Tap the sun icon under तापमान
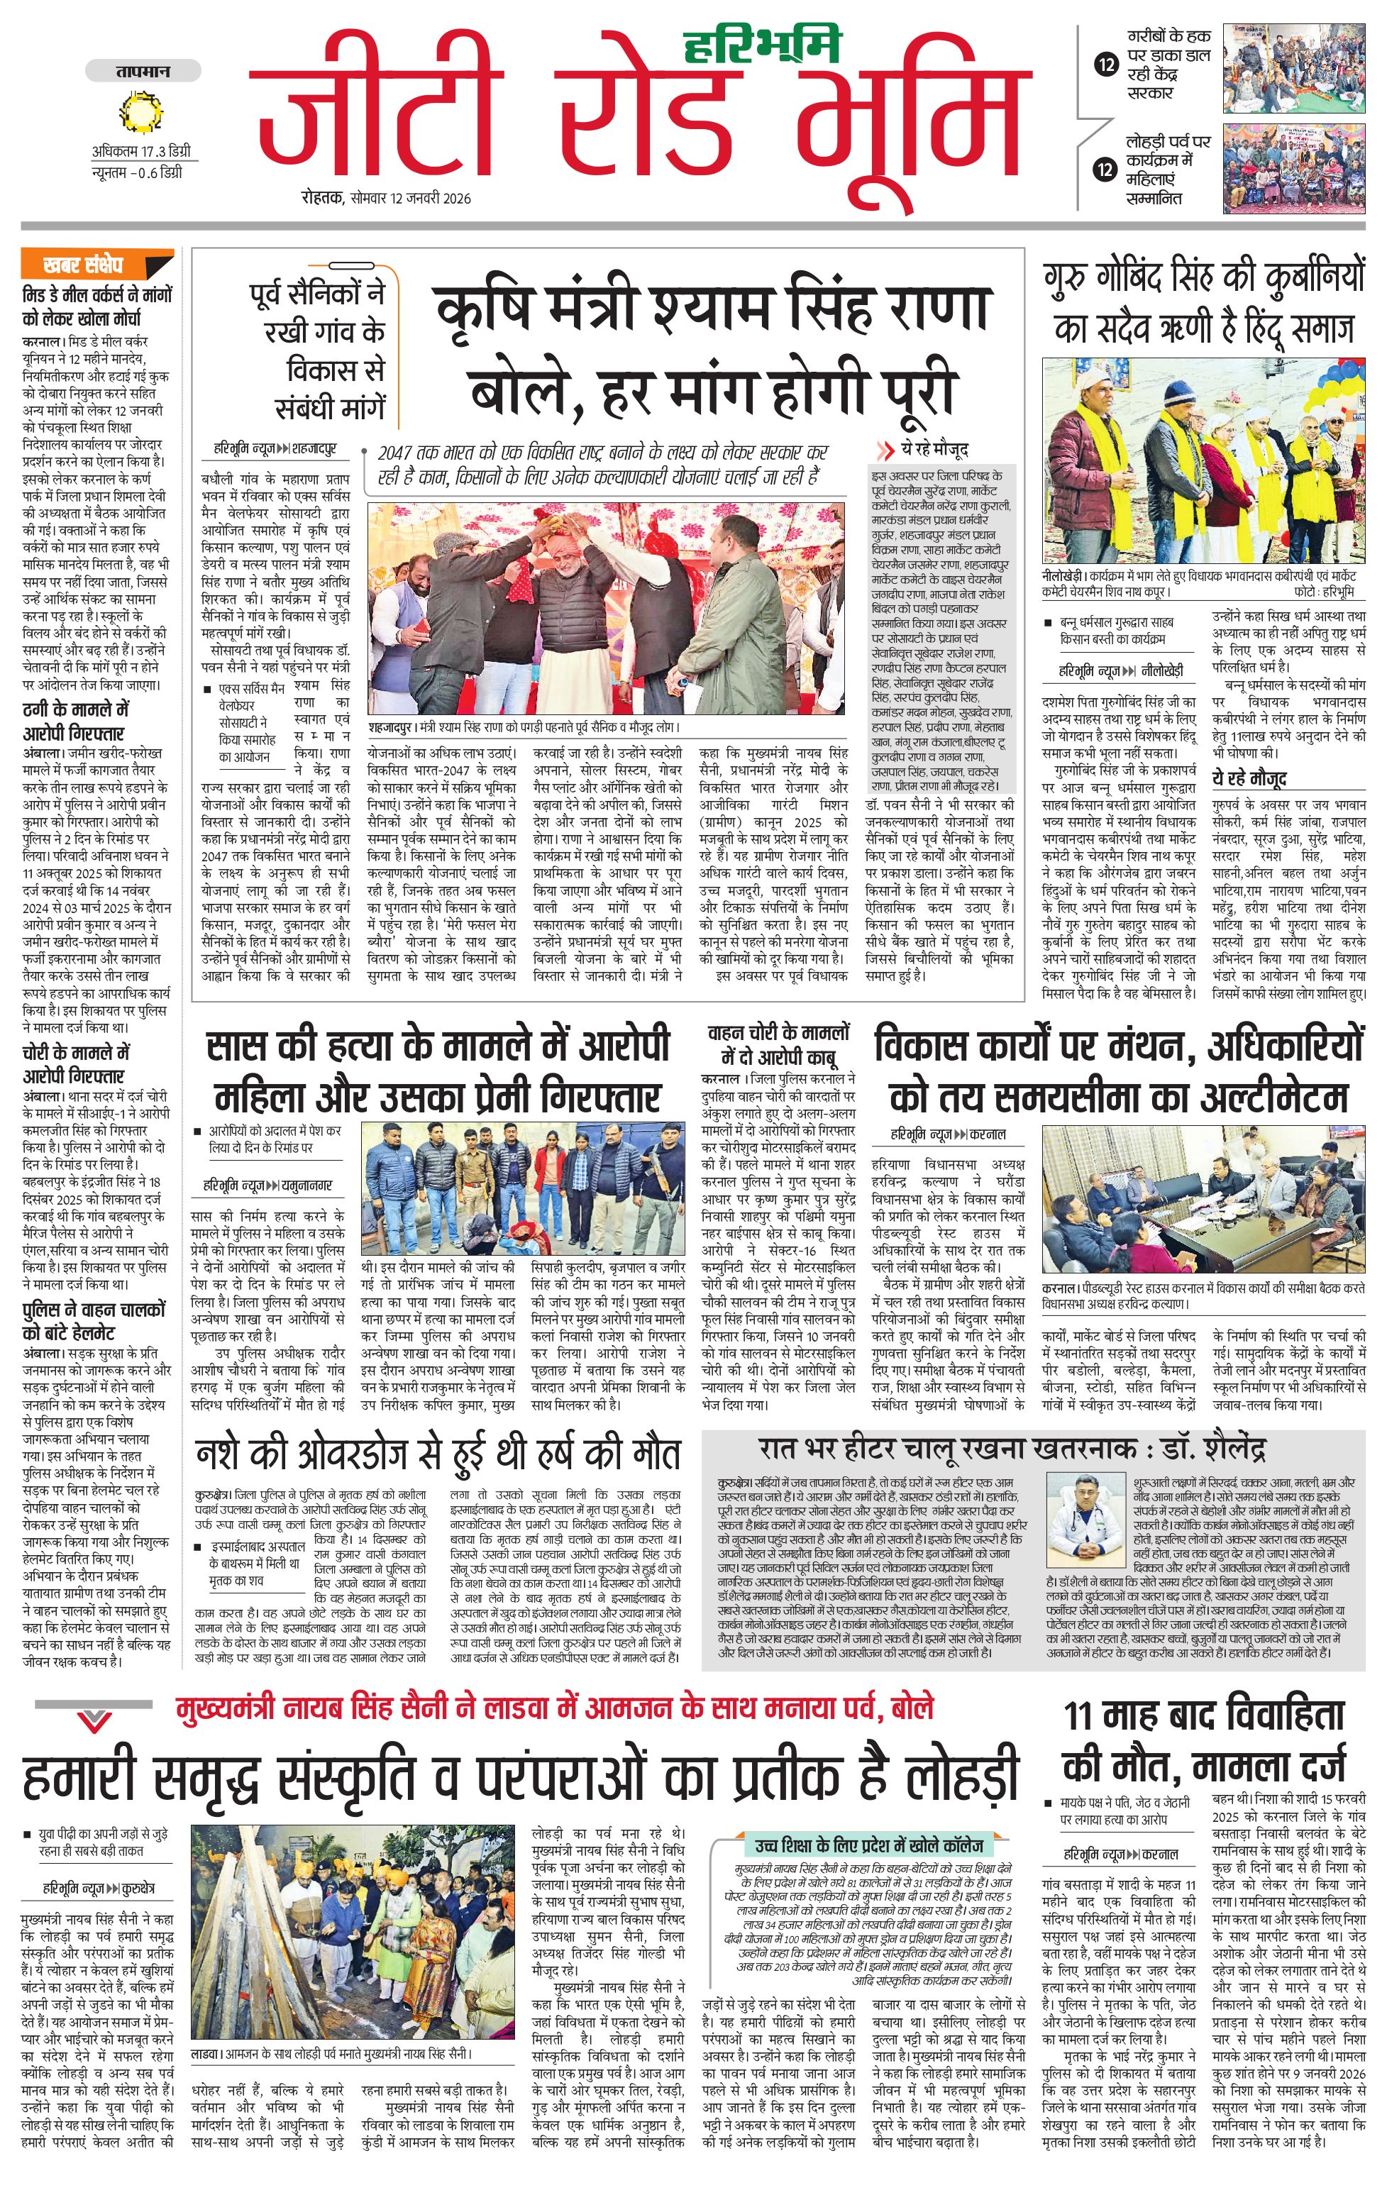(140, 111)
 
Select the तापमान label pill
(143, 71)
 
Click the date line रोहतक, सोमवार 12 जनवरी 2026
(387, 197)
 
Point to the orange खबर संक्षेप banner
(97, 265)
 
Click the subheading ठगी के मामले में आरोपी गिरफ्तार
(76, 721)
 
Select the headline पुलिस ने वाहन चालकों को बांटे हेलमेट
(94, 1320)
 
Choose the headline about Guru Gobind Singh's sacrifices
(1203, 302)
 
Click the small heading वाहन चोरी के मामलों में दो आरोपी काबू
(778, 1045)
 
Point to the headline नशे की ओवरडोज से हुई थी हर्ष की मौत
(438, 1454)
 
